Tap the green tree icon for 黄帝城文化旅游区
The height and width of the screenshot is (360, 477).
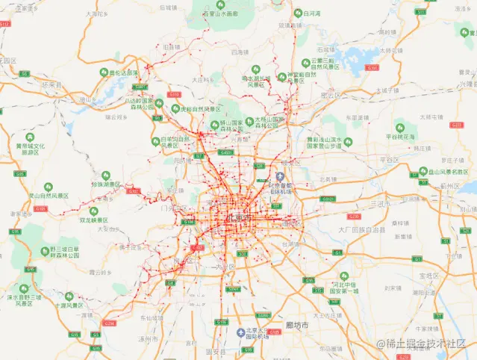pyautogui.click(x=29, y=137)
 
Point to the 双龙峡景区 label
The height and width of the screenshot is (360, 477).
pyautogui.click(x=93, y=220)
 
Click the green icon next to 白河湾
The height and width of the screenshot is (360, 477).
pyautogui.click(x=297, y=13)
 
